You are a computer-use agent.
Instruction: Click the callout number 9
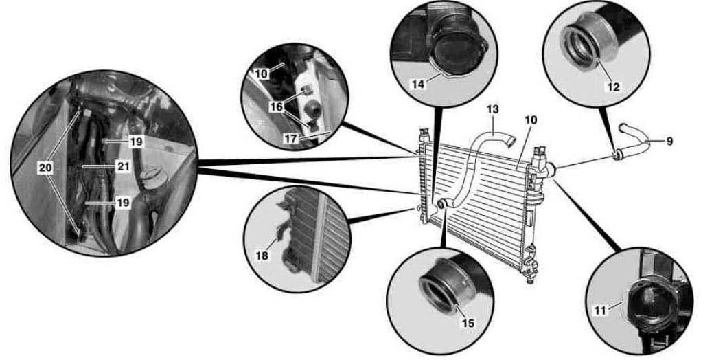click(x=669, y=142)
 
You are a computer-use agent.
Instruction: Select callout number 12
click(x=614, y=87)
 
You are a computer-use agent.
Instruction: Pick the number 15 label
click(x=468, y=322)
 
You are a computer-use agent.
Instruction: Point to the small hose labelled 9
click(x=638, y=141)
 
